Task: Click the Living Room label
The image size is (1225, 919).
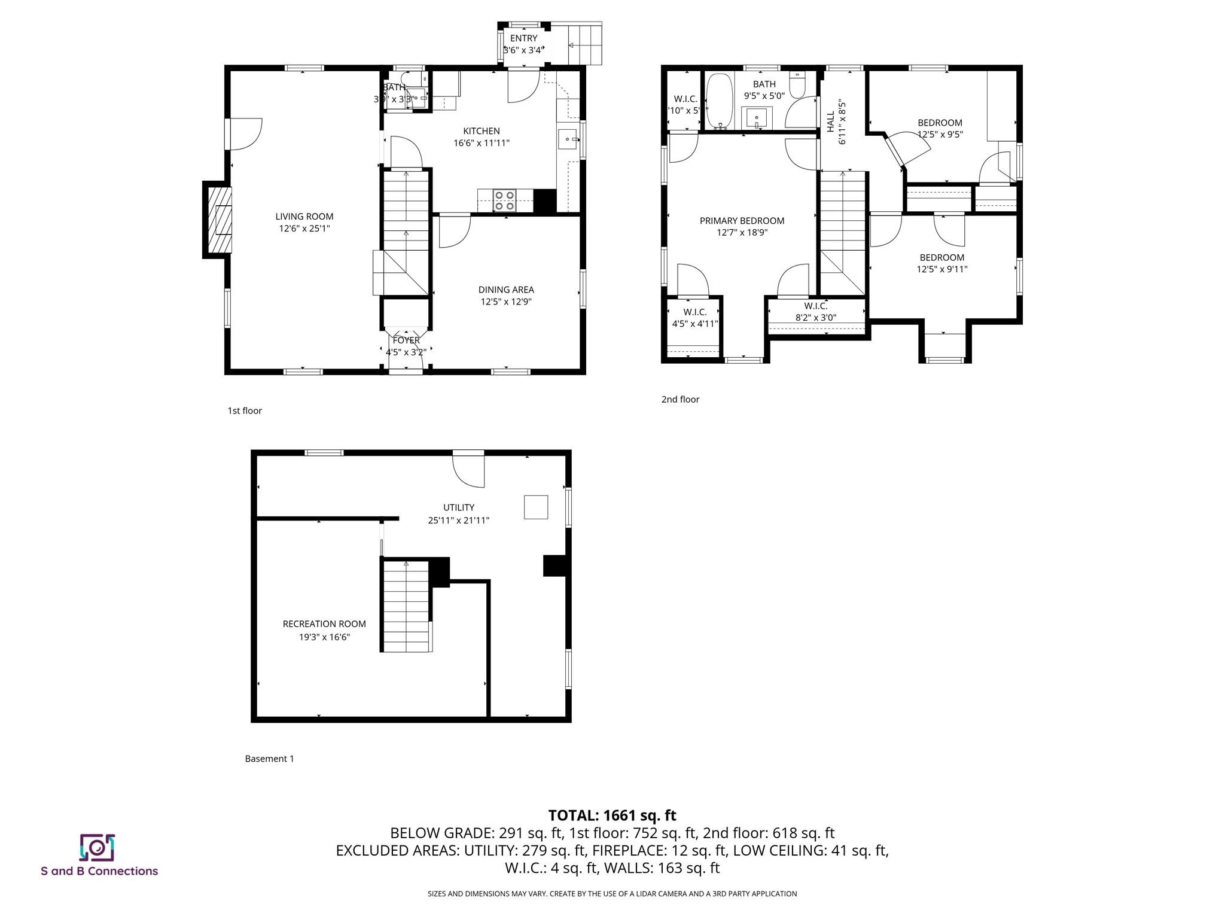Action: point(304,217)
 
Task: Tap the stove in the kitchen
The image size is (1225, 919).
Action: point(504,200)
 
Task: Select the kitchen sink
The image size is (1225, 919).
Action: point(567,139)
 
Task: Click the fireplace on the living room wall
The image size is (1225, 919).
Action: point(219,220)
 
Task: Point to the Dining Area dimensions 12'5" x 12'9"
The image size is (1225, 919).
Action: point(506,302)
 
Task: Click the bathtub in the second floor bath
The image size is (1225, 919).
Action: point(719,101)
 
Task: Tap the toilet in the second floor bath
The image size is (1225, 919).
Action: point(797,85)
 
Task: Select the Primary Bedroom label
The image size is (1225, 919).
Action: point(742,221)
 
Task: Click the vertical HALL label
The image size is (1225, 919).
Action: point(831,121)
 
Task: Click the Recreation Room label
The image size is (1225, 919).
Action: point(324,624)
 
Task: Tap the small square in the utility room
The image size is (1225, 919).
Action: point(535,507)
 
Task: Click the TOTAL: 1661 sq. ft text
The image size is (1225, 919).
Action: point(612,815)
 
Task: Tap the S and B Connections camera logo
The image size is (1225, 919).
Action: point(97,847)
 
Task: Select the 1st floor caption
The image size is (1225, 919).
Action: point(245,411)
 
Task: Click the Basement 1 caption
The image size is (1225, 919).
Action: point(269,759)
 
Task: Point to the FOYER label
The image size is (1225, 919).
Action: point(406,340)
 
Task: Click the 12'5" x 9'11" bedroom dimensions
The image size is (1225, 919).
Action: point(941,269)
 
